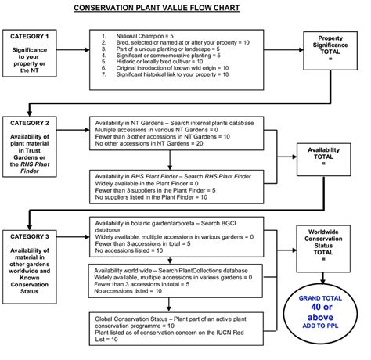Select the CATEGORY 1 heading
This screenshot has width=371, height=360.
coord(29,37)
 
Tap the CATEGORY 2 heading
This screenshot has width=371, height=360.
coord(29,124)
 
